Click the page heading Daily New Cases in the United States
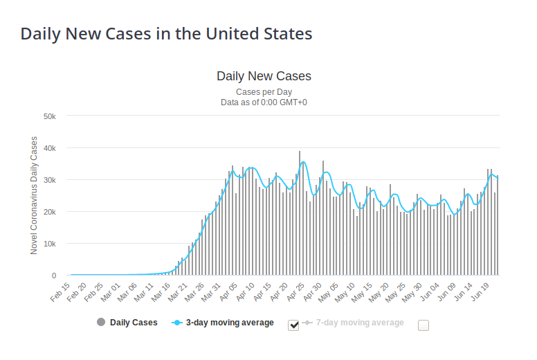tap(166, 33)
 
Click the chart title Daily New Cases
tap(264, 76)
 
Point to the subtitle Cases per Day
tap(264, 91)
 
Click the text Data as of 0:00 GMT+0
tap(264, 102)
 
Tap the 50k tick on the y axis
tap(55, 116)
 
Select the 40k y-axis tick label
tap(55, 148)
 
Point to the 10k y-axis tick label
tap(55, 244)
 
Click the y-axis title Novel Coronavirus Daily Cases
tap(34, 195)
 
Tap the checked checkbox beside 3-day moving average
tap(293, 325)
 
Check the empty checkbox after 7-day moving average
tap(424, 325)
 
